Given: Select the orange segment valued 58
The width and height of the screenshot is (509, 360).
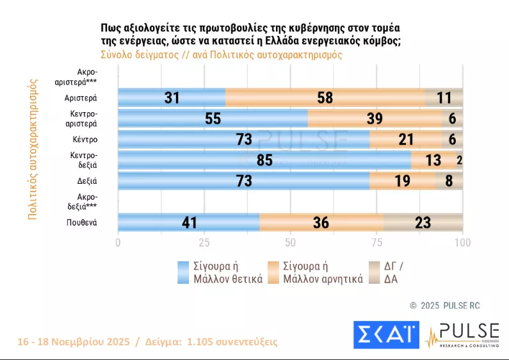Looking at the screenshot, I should click(325, 97).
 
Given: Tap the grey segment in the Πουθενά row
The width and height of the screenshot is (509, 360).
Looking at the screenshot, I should click(423, 222).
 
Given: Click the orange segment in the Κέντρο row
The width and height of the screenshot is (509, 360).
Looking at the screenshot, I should click(405, 139).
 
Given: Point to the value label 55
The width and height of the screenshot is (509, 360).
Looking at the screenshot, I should click(213, 119).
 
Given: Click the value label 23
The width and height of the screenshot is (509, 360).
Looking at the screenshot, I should click(423, 223).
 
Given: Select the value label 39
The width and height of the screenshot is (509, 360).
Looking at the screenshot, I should click(375, 119).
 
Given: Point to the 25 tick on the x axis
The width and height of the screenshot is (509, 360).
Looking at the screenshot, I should click(204, 243).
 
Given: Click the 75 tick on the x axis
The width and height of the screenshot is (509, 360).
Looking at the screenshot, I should click(376, 243).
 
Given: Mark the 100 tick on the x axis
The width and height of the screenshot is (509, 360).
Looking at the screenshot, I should click(462, 243).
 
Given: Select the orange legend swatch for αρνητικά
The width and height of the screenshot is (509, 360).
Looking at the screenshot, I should click(273, 272).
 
